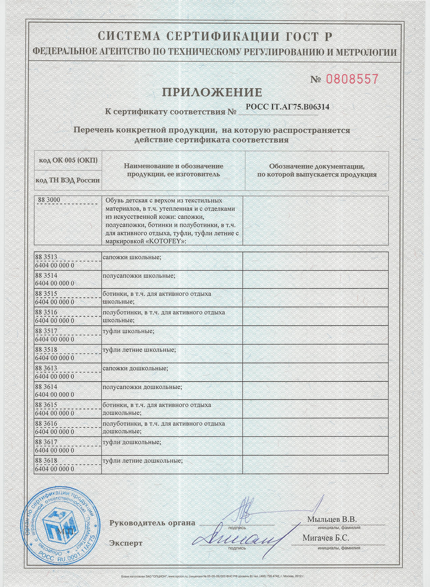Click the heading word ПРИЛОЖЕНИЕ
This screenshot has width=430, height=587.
212,92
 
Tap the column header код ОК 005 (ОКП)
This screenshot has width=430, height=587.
68,160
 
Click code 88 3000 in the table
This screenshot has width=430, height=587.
49,200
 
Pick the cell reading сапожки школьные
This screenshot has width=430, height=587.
132,257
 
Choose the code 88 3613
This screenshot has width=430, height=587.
46,368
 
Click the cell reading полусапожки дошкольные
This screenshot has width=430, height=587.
142,387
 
